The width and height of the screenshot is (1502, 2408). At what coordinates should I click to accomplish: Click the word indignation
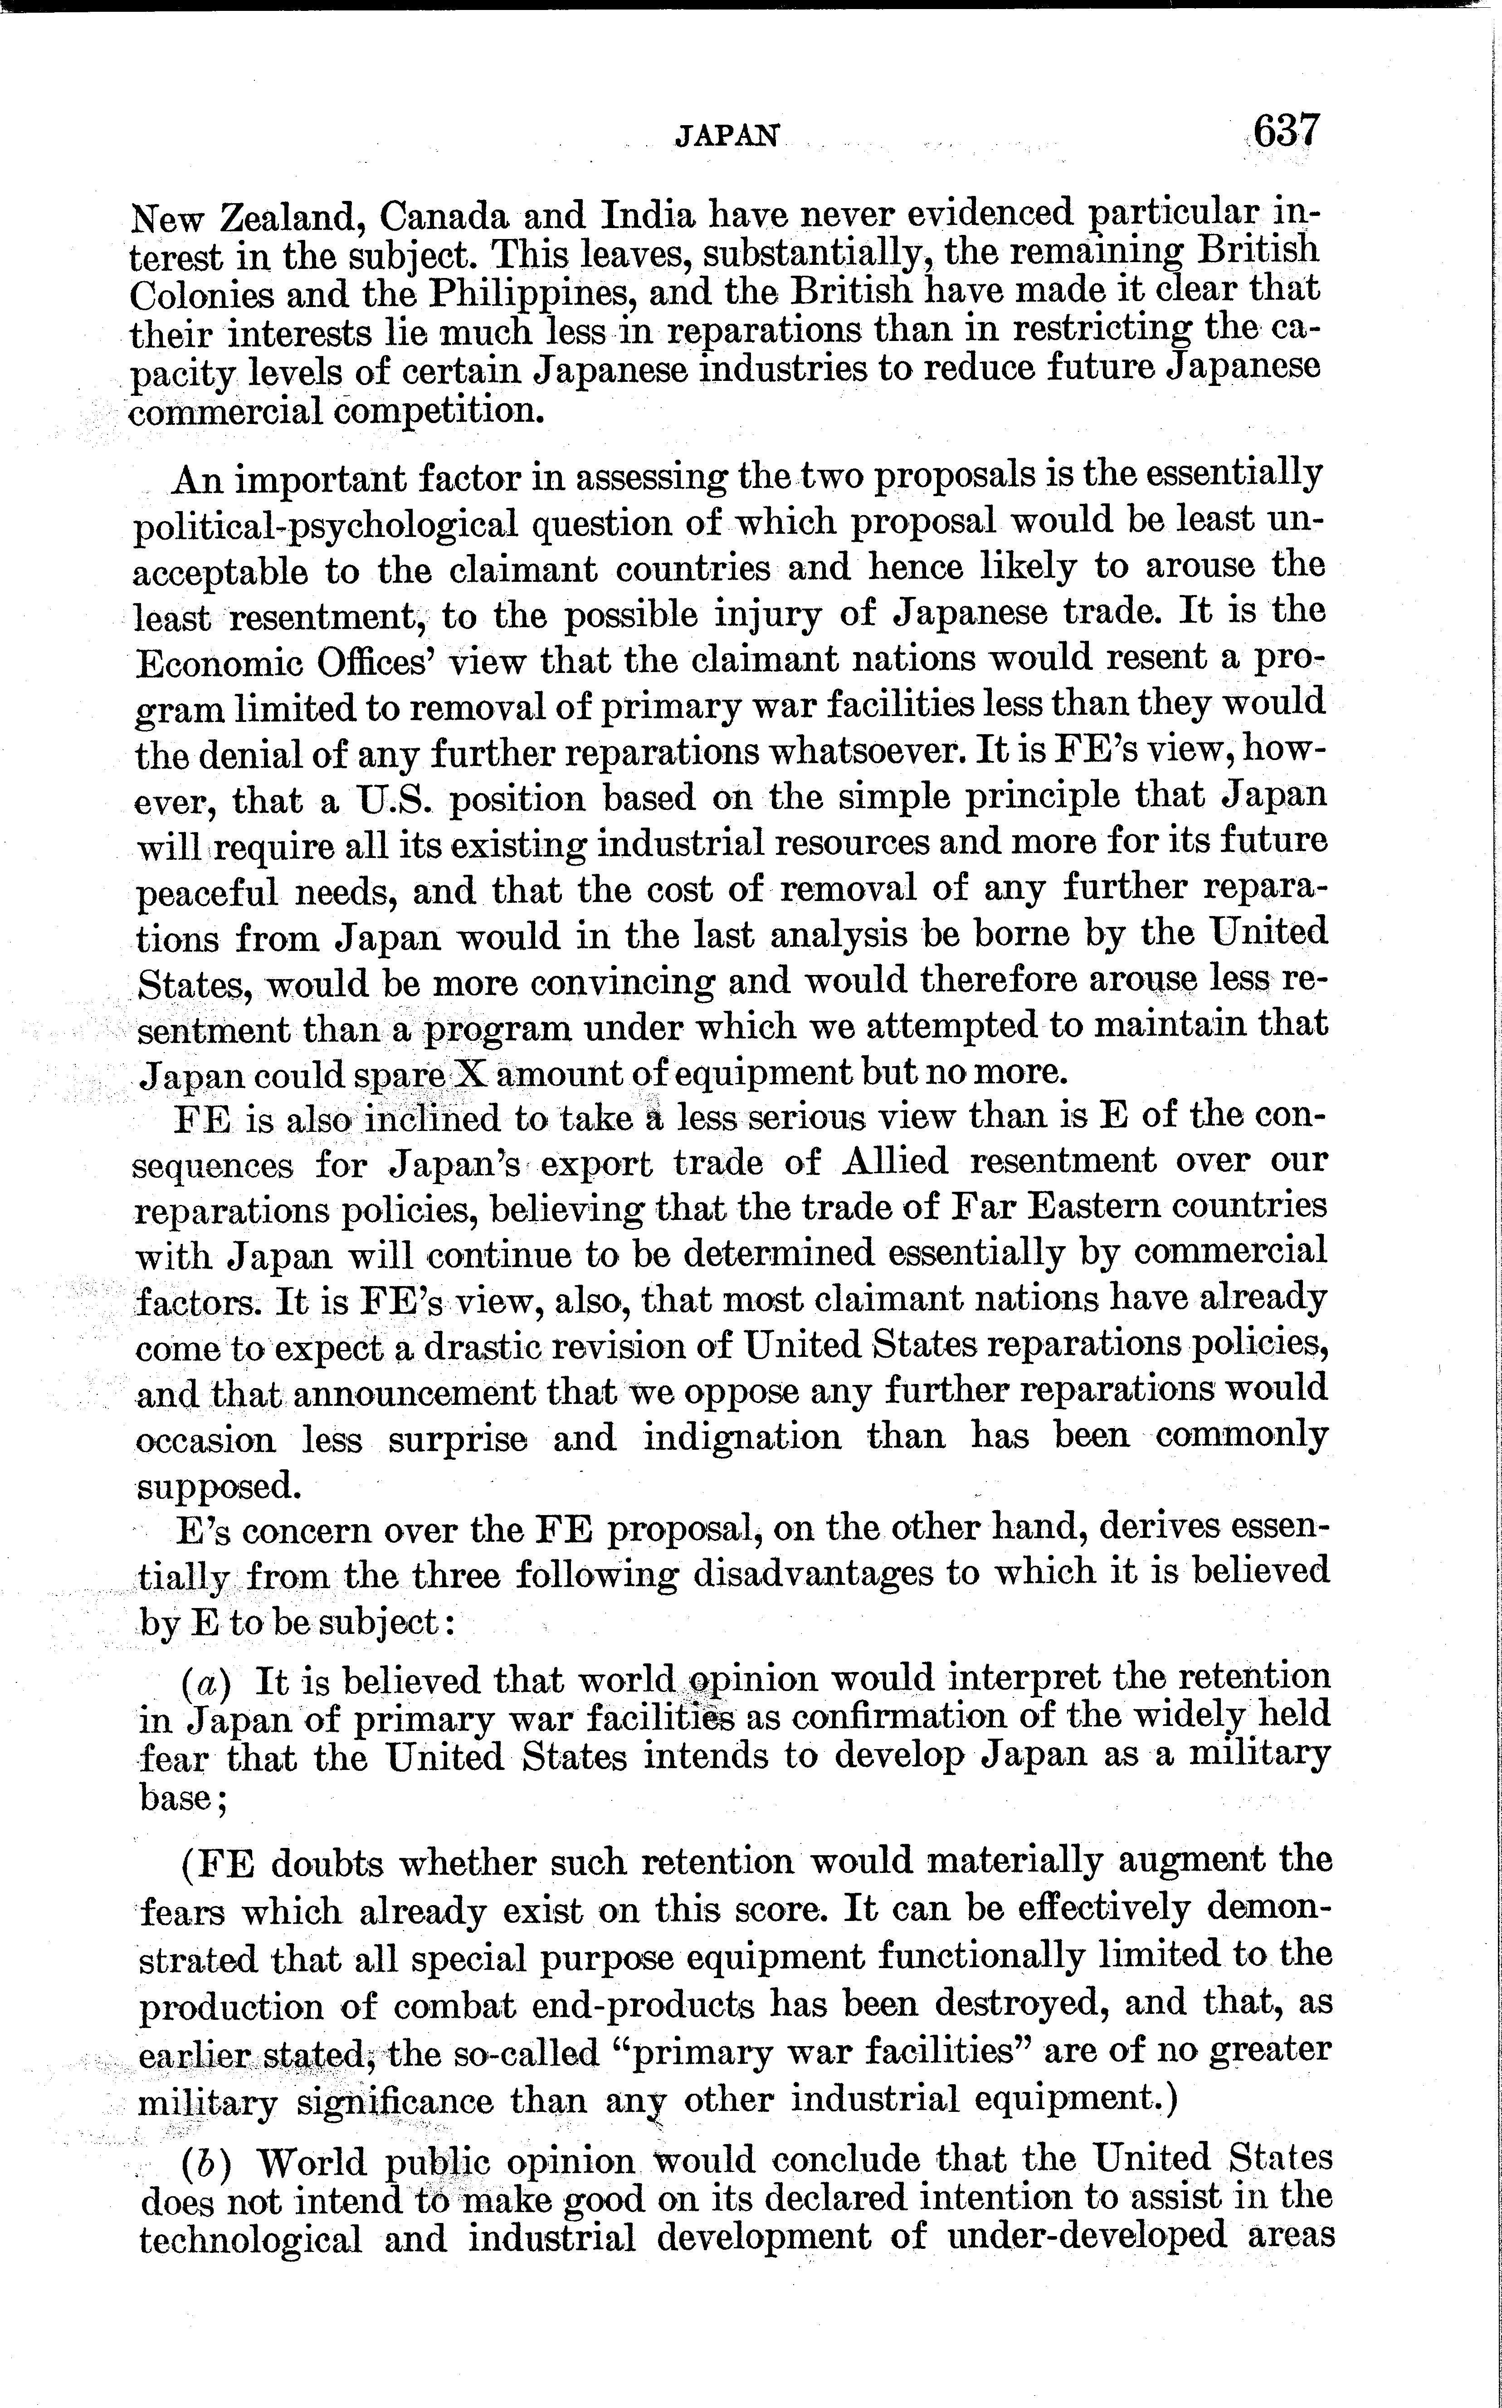tap(742, 1438)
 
